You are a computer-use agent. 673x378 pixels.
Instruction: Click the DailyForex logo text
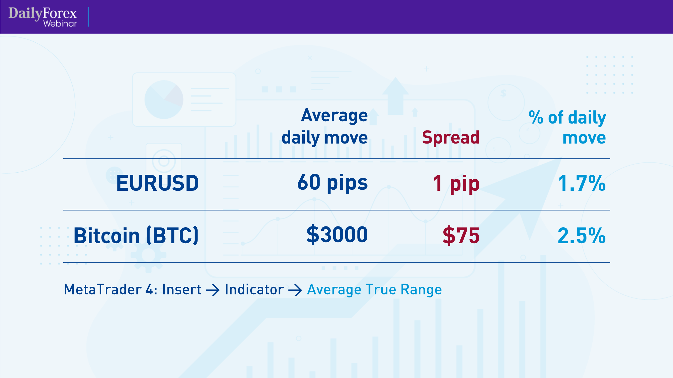[42, 13]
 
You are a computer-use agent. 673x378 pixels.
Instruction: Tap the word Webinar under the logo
[60, 24]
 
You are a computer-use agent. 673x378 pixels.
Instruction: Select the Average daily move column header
[325, 126]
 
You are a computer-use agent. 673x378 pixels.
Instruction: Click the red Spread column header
[451, 138]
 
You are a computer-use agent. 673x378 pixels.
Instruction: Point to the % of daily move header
[568, 127]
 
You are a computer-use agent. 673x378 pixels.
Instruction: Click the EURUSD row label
[158, 183]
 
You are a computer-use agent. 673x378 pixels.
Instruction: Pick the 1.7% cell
[582, 183]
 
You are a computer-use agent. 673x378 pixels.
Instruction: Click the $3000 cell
[337, 235]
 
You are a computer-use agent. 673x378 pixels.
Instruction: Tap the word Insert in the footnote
[182, 289]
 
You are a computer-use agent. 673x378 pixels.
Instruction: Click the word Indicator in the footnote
[254, 289]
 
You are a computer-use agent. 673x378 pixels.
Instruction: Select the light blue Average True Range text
[374, 289]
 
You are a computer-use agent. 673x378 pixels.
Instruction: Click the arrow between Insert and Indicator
[213, 290]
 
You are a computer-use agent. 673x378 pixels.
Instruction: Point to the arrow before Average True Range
[295, 290]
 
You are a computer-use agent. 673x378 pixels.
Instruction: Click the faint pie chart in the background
[164, 100]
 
